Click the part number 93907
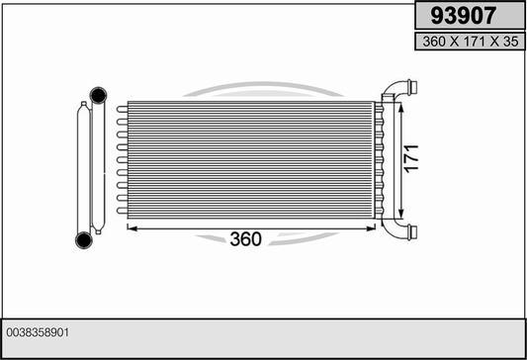pyautogui.click(x=463, y=16)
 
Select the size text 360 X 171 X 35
pyautogui.click(x=471, y=42)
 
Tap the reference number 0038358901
pyautogui.click(x=38, y=332)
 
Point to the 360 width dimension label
pyautogui.click(x=245, y=239)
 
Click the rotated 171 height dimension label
pyautogui.click(x=411, y=159)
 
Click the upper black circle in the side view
pyautogui.click(x=99, y=95)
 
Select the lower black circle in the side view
pyautogui.click(x=84, y=240)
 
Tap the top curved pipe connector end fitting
pyautogui.click(x=412, y=86)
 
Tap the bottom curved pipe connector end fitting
pyautogui.click(x=412, y=232)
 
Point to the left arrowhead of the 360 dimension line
pyautogui.click(x=132, y=228)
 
